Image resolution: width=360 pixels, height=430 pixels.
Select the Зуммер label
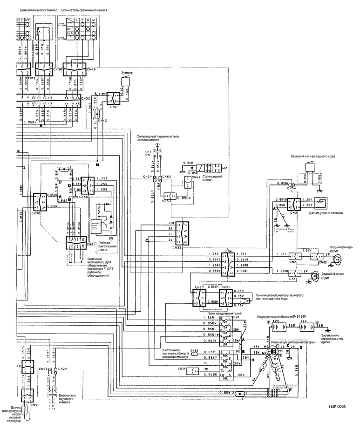tap(127, 73)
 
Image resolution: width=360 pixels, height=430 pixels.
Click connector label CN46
tap(91, 69)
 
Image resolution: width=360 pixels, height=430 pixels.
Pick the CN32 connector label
tap(85, 98)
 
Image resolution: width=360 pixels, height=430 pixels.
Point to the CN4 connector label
tap(228, 250)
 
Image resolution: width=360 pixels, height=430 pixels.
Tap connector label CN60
tap(84, 197)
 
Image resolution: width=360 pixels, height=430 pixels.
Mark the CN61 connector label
tap(91, 244)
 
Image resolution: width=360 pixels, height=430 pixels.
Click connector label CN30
tap(36, 213)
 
